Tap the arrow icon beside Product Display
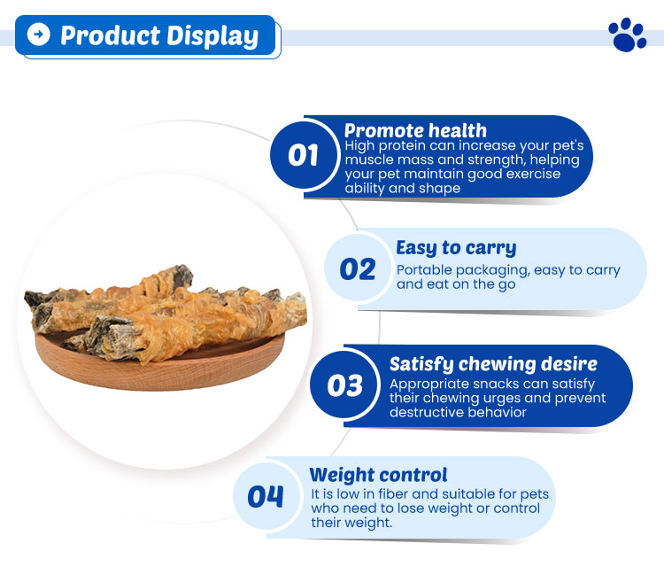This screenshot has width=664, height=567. point(38,35)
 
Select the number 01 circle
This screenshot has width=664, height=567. point(303,155)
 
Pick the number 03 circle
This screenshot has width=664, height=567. point(344,385)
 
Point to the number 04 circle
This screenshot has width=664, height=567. point(266,496)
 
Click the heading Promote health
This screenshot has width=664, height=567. point(415,131)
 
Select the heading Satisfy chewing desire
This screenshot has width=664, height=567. point(493,364)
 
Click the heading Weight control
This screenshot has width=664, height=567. point(378,475)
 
